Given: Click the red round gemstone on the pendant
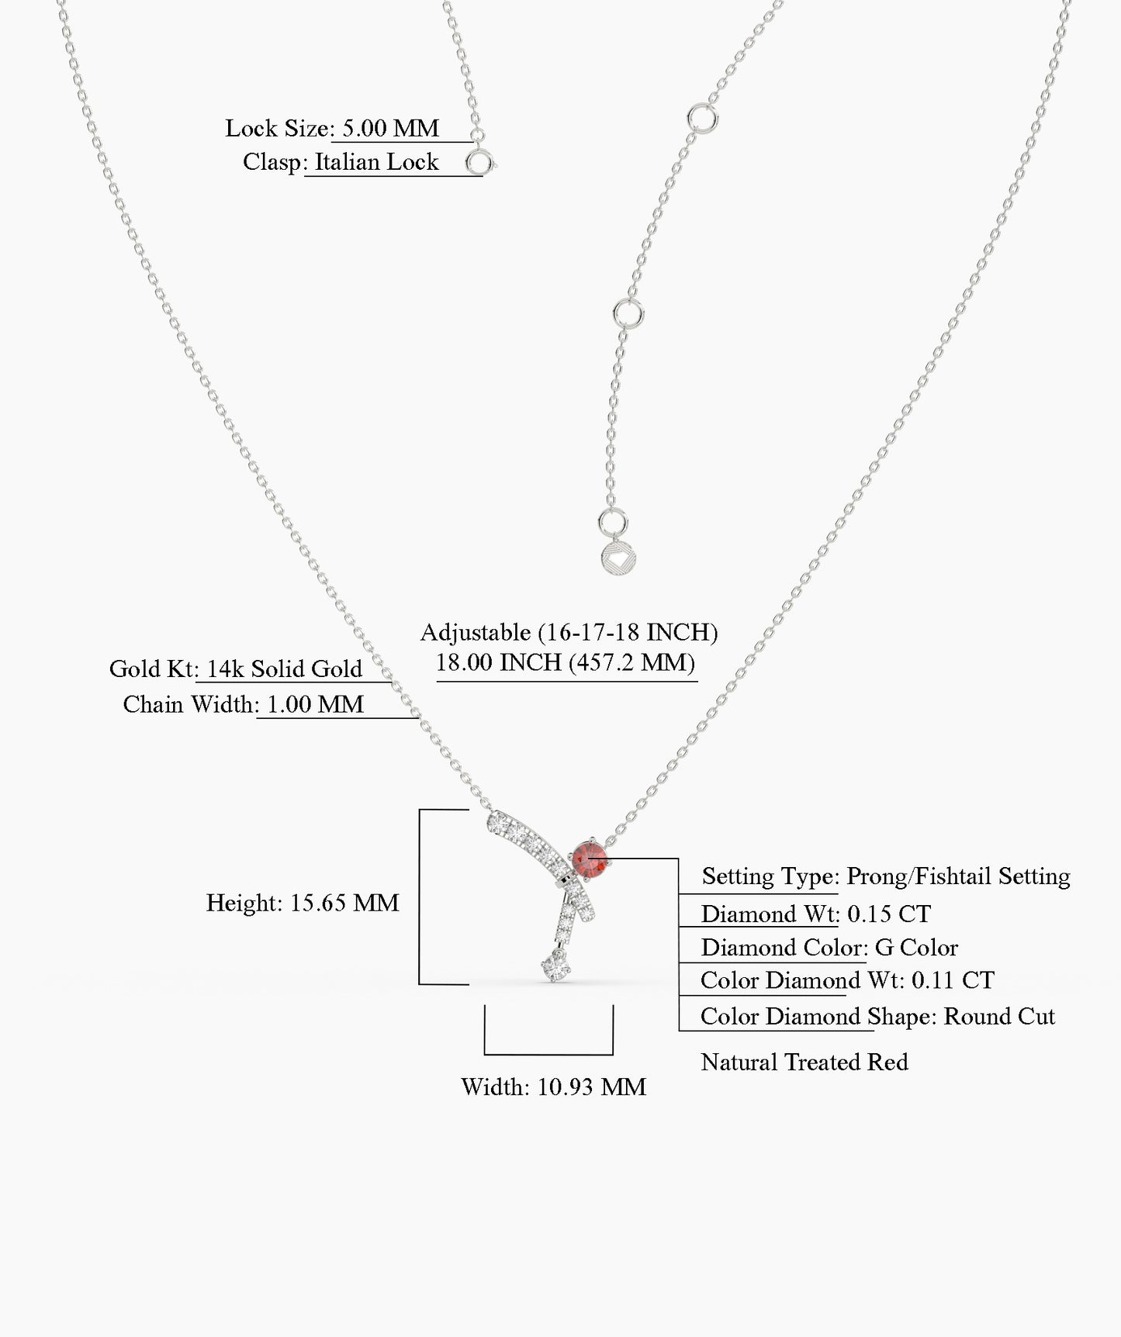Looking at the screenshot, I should (x=590, y=859).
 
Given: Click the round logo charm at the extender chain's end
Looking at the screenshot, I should (x=613, y=558).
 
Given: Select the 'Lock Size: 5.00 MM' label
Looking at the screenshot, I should (x=332, y=128).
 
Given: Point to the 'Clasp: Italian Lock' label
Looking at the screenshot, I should (x=341, y=162).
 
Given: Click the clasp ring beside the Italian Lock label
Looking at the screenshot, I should (x=479, y=163).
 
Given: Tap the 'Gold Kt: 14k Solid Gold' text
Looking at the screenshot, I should (x=236, y=668).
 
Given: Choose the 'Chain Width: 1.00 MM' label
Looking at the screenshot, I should (x=244, y=704).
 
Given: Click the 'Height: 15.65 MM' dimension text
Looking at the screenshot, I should (x=303, y=903).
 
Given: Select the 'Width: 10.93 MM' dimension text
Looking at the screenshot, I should (x=553, y=1087).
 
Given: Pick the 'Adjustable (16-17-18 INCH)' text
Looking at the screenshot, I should (x=569, y=632).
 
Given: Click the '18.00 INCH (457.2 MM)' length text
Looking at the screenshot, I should (x=565, y=662).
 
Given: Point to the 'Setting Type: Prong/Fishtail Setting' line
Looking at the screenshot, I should (x=885, y=876).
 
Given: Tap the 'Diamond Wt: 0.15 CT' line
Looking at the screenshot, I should (x=815, y=914).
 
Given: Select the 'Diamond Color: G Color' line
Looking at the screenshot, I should (x=829, y=947).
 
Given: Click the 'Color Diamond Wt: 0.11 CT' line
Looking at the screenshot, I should (x=846, y=980).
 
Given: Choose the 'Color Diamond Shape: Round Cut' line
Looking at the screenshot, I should (x=877, y=1016).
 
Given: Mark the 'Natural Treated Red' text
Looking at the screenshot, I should (x=804, y=1062).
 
